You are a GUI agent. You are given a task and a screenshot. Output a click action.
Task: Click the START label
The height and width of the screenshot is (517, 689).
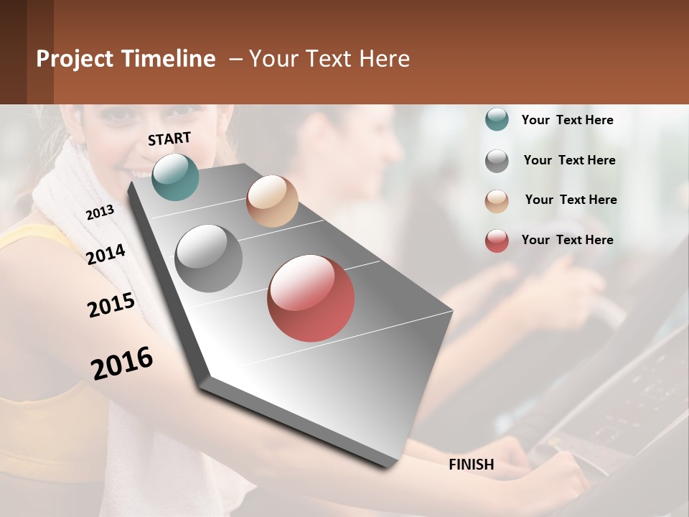pos(169,139)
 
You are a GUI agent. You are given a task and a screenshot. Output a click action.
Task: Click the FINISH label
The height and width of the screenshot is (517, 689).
pos(471,465)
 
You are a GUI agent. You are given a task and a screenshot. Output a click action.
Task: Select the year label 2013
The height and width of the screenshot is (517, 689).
pos(100,213)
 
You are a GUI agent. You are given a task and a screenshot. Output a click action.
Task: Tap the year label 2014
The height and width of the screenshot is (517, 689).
pos(106,255)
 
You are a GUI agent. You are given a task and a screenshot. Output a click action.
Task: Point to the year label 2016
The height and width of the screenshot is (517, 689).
pos(122,363)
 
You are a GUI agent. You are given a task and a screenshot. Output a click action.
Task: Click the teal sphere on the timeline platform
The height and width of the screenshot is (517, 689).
pos(175,177)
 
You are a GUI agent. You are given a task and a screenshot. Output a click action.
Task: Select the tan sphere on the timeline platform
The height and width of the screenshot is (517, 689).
pos(272,201)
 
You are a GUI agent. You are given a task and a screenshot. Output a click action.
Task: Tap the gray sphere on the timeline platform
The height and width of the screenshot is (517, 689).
pos(209,258)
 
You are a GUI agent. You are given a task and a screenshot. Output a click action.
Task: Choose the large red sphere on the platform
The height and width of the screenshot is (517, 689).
pos(311,298)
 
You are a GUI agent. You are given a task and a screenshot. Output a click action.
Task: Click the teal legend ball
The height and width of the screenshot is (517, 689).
pos(497,120)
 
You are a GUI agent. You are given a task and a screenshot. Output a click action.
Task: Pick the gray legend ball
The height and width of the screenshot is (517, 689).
pos(497,161)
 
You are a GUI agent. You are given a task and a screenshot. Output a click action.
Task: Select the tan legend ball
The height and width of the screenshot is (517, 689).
pos(497,201)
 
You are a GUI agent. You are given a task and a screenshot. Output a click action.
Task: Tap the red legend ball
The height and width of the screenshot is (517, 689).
pos(497,241)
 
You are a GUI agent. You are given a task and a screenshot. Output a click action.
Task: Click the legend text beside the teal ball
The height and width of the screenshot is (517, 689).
pos(567,120)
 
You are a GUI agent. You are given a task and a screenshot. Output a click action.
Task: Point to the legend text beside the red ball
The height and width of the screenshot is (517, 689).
pos(567,240)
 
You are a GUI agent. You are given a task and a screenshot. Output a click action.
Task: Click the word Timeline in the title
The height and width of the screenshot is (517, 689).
pos(168,59)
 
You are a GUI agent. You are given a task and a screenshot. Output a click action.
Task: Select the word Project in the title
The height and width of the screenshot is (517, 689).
pos(75,59)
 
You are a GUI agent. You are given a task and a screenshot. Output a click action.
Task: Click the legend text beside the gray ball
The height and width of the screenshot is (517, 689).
pos(569,160)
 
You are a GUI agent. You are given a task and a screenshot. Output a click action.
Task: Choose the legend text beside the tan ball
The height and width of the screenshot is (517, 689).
pos(571,200)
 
